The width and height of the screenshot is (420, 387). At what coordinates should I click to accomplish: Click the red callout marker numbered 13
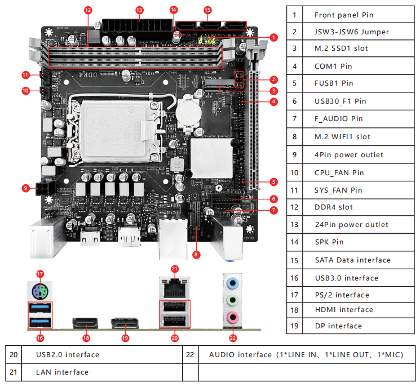[x=139, y=10]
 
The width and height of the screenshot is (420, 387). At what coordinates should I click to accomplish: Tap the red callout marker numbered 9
[x=26, y=188]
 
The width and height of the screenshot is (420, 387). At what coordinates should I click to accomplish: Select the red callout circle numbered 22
[x=232, y=338]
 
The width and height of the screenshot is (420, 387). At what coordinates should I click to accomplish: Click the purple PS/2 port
[x=39, y=291]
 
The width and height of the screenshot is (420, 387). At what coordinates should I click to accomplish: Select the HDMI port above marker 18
[x=85, y=323]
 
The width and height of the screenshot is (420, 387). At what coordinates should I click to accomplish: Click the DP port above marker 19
[x=125, y=324]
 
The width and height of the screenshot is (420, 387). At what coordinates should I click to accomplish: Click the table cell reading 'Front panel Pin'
[x=344, y=15]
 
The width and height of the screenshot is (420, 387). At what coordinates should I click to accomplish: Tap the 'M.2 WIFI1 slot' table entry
[x=342, y=136]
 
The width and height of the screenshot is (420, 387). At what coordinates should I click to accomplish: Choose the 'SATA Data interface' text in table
[x=352, y=260]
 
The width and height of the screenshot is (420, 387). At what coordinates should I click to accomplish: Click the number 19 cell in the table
[x=294, y=326]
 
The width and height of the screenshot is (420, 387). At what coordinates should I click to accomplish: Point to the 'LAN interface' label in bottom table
[x=62, y=372]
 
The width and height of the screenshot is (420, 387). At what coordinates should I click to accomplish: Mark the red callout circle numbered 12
[x=87, y=10]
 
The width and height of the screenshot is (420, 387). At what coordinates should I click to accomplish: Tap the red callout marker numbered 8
[x=196, y=254]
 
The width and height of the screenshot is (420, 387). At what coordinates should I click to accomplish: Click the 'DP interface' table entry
[x=338, y=326]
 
